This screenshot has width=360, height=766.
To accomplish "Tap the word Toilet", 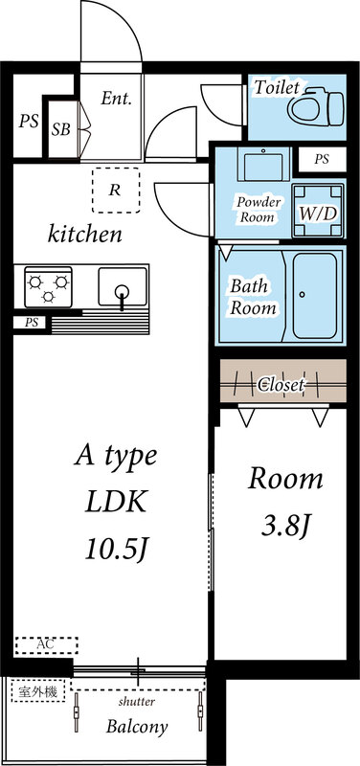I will (278, 87).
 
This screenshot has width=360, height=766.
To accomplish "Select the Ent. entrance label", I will (117, 98).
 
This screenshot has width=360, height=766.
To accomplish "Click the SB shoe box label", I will (60, 129).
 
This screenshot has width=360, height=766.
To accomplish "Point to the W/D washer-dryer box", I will (317, 212).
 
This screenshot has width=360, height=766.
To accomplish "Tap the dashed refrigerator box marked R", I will (115, 189).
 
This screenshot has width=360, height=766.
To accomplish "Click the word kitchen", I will (85, 234).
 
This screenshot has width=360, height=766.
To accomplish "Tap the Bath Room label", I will (252, 297).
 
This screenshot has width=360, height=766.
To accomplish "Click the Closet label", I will (281, 385).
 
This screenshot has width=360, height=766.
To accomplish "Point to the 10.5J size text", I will (116, 548).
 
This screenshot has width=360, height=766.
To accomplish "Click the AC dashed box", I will (46, 645).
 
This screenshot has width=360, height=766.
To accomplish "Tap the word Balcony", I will (137, 726).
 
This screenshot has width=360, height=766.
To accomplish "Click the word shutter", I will (138, 702).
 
